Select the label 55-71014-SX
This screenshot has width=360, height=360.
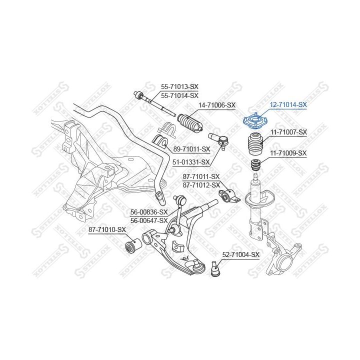[179, 95]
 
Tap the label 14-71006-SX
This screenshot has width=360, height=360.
[217, 105]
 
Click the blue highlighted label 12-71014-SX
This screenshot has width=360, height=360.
[288, 105]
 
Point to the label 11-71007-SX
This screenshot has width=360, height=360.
[288, 132]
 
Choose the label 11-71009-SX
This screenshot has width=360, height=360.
[288, 153]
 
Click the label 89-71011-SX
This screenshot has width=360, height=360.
[191, 149]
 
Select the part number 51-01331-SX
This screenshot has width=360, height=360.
[191, 162]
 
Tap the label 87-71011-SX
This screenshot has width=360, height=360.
[201, 177]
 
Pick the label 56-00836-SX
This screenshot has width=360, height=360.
[149, 212]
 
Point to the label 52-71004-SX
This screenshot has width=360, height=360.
[241, 255]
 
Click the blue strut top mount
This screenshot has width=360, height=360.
[255, 121]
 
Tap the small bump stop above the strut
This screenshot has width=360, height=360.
[256, 164]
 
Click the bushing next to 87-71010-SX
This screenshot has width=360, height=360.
[133, 246]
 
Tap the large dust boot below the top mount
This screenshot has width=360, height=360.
[255, 144]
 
